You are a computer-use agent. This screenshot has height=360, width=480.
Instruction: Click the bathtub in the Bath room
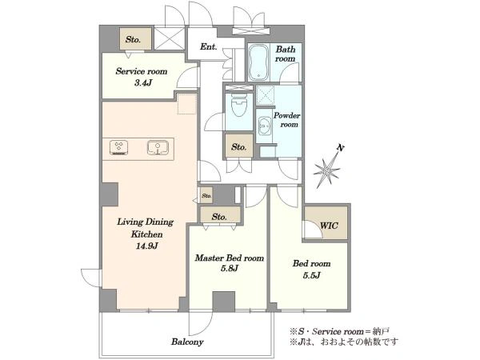[x=259, y=62]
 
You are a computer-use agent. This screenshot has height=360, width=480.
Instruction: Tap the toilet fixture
[x=239, y=104]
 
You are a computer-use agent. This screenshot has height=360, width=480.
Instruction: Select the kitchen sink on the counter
[x=158, y=147]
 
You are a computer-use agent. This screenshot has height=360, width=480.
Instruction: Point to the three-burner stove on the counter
[x=118, y=147]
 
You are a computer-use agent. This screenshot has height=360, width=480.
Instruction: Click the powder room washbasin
[x=264, y=126]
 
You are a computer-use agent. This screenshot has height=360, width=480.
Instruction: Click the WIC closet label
[x=329, y=226]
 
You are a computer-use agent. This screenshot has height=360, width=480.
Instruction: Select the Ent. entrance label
[x=209, y=46]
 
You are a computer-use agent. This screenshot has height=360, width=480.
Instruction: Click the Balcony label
[x=187, y=342]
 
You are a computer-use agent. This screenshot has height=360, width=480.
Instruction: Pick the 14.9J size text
[x=146, y=246]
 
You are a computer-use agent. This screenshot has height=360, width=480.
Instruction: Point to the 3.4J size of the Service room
[x=143, y=82]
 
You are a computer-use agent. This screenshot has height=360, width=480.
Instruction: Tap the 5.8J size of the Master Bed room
[x=230, y=269]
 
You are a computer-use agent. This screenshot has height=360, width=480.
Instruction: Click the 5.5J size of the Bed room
[x=312, y=275]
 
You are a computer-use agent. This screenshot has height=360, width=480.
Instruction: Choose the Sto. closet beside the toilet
[x=238, y=146]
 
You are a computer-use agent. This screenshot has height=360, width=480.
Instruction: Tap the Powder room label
[x=287, y=120]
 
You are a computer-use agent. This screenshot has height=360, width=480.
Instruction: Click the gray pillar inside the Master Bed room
[x=224, y=302]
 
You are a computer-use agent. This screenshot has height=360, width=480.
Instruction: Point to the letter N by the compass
[x=340, y=148]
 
